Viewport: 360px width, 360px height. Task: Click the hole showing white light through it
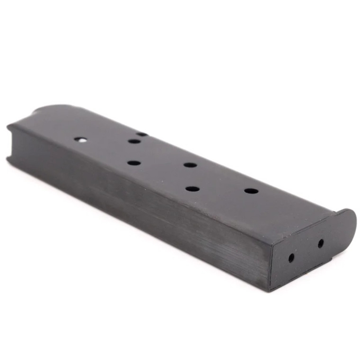81,139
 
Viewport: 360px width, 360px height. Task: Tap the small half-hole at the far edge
142,134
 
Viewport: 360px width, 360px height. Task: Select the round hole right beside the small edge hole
134,141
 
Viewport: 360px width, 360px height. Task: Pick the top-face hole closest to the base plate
251,191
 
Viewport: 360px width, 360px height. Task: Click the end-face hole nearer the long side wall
291,258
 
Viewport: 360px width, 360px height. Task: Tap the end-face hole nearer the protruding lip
321,243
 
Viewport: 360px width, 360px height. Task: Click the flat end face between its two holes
306,251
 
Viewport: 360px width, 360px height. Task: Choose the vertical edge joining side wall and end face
271,265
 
